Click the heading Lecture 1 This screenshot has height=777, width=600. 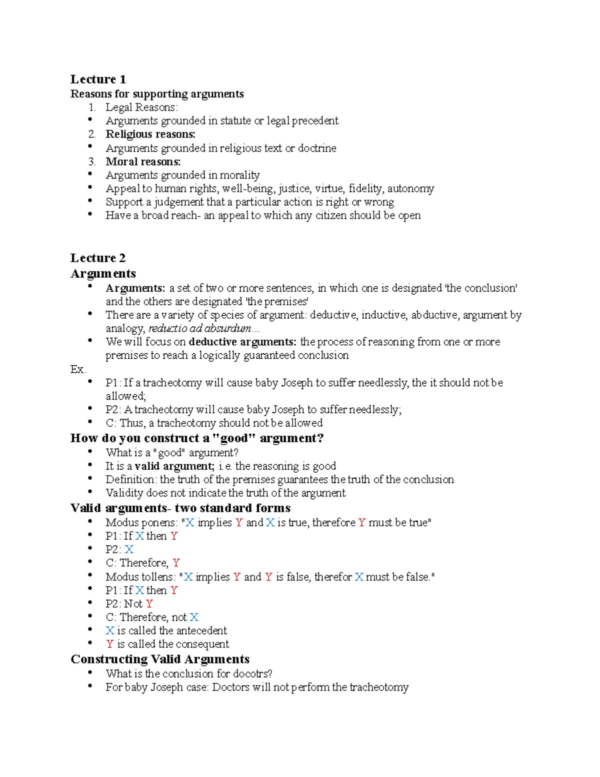coord(98,79)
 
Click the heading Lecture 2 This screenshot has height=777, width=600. coord(98,258)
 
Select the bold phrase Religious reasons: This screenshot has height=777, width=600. coord(150,134)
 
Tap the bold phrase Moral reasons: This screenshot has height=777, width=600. coord(143,162)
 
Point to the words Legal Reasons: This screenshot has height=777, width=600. coord(141,107)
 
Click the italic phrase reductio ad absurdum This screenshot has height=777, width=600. coord(200,328)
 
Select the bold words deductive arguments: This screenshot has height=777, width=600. coord(242,342)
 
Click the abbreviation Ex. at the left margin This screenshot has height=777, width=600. coord(78,369)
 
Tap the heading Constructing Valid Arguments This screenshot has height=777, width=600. coord(160,659)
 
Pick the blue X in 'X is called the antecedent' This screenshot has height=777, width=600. coord(110,630)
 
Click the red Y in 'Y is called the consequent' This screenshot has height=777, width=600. coord(109,644)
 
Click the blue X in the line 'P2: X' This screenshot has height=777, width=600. coord(129,549)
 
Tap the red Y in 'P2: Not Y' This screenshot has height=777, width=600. coord(149,604)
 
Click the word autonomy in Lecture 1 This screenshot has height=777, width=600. coord(410,189)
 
